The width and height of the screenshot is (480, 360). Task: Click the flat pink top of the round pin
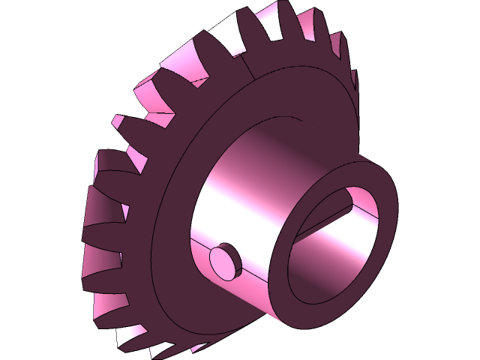[223, 258]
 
